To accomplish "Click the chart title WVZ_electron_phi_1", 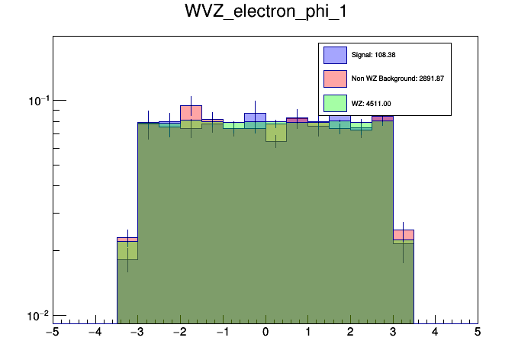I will click(265, 13).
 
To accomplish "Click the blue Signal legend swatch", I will click(336, 55).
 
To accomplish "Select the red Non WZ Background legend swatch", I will click(336, 79).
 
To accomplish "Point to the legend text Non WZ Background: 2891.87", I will click(397, 79).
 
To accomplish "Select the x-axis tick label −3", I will click(137, 333).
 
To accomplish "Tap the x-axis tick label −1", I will click(222, 333).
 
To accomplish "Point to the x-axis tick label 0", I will click(265, 333).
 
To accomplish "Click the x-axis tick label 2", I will click(350, 333).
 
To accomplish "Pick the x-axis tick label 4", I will click(435, 333).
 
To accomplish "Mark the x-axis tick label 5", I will click(478, 333).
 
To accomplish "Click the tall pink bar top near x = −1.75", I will click(191, 106).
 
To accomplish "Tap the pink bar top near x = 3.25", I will click(403, 230).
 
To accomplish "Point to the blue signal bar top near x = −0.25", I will click(255, 114).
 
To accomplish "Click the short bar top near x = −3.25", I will click(127, 238).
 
